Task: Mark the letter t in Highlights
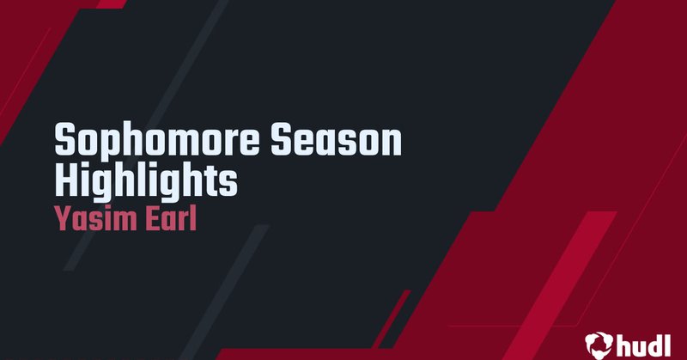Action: (211, 180)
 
